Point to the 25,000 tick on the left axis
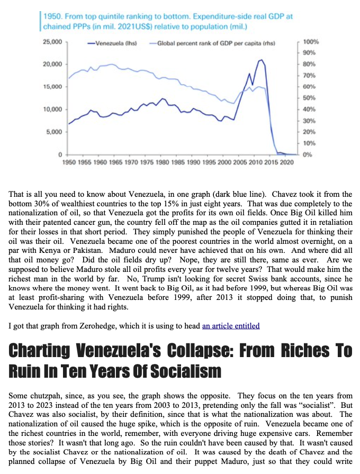[52, 41]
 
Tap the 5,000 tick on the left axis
[54, 132]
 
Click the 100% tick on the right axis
[311, 41]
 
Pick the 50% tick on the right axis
[310, 98]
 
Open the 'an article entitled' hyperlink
[231, 325]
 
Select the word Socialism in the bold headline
[190, 371]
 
